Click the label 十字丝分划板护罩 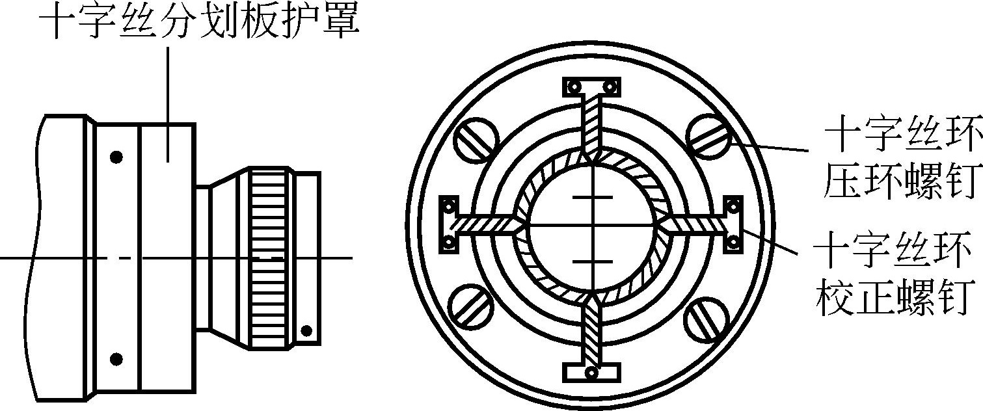click(199, 23)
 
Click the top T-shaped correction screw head click(592, 86)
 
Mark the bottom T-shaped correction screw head click(591, 373)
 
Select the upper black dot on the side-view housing click(116, 157)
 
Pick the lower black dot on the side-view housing click(116, 358)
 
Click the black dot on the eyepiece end click(306, 332)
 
